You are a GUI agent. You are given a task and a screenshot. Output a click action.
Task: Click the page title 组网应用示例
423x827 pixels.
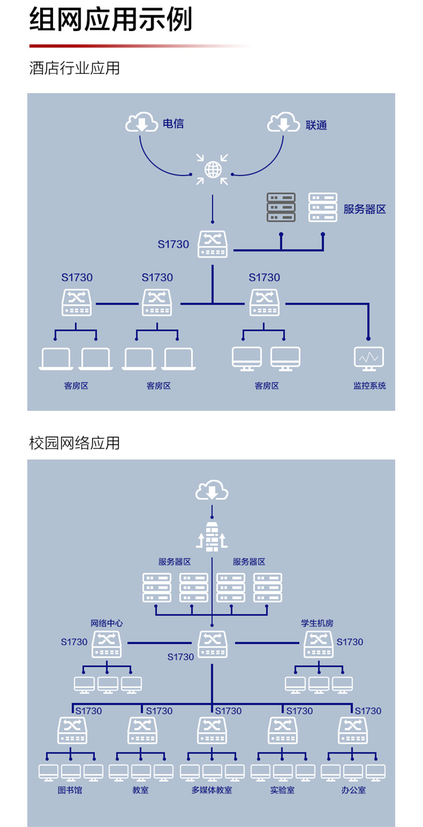(111, 20)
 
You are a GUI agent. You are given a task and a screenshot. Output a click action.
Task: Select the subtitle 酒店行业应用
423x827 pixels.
(74, 68)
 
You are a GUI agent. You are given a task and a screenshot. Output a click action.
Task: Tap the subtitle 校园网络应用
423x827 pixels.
(74, 443)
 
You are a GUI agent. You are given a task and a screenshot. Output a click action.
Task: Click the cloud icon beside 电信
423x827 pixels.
(142, 122)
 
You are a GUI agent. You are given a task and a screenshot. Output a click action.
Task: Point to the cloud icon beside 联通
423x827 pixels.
(283, 122)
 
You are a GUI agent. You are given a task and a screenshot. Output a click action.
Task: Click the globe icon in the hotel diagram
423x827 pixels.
(213, 169)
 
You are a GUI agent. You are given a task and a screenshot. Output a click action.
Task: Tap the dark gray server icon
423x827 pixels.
(281, 207)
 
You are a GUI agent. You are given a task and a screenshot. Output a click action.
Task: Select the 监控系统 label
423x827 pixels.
(369, 386)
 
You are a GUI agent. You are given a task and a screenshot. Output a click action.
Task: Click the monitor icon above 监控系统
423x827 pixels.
(369, 359)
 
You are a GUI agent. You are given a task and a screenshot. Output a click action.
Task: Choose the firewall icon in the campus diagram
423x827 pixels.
(212, 536)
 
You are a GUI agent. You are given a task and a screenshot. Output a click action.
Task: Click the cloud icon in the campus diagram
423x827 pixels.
(212, 491)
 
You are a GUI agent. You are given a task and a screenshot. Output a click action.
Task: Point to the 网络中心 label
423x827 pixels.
(107, 623)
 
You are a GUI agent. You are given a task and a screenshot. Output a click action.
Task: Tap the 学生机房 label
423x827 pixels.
(318, 623)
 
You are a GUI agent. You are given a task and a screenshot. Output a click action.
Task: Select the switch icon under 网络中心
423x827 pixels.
(107, 644)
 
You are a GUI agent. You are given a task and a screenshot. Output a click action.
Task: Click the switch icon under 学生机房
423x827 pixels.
(319, 644)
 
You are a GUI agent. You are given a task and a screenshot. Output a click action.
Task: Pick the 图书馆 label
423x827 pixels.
(70, 790)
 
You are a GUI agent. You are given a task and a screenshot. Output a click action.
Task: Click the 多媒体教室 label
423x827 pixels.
(211, 790)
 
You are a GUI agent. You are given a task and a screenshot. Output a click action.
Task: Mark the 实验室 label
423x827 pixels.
(282, 790)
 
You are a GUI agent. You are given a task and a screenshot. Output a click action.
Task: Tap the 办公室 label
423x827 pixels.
(353, 790)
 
